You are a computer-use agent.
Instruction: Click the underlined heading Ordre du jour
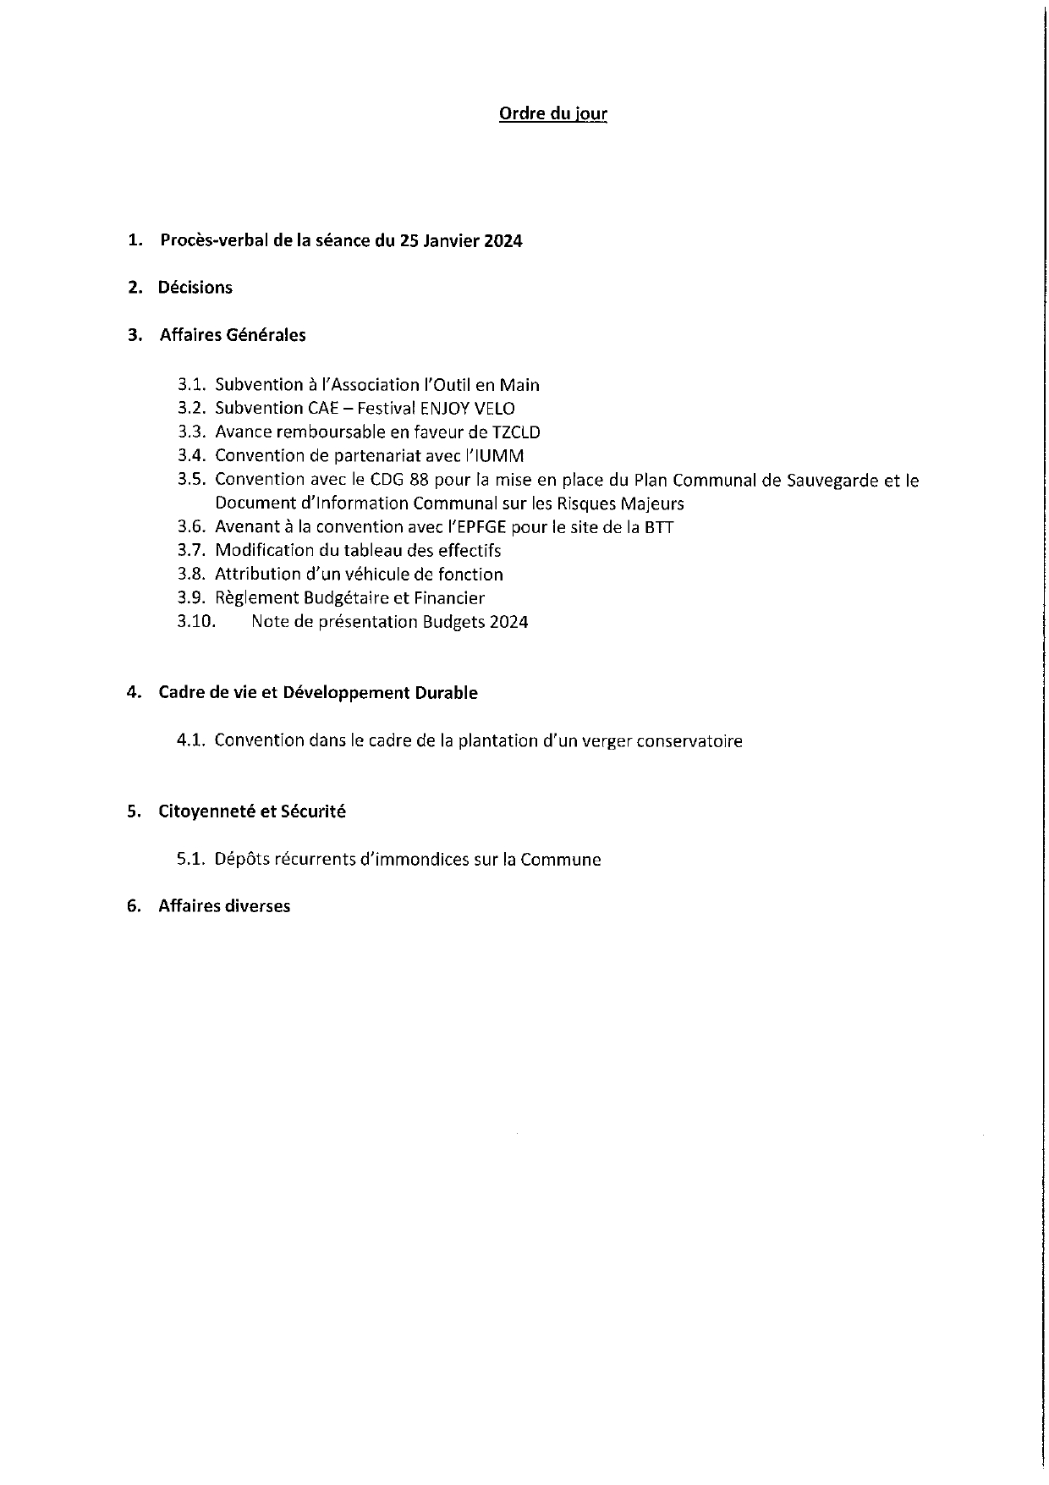coord(553,113)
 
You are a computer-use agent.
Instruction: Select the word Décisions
coord(195,288)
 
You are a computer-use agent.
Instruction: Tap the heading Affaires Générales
coord(233,335)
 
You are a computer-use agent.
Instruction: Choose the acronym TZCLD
coord(516,432)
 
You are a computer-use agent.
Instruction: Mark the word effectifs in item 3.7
coord(470,551)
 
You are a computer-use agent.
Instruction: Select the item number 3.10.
coord(196,622)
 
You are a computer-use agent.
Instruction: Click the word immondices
coord(418,860)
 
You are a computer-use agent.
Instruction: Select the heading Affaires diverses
coord(224,906)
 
